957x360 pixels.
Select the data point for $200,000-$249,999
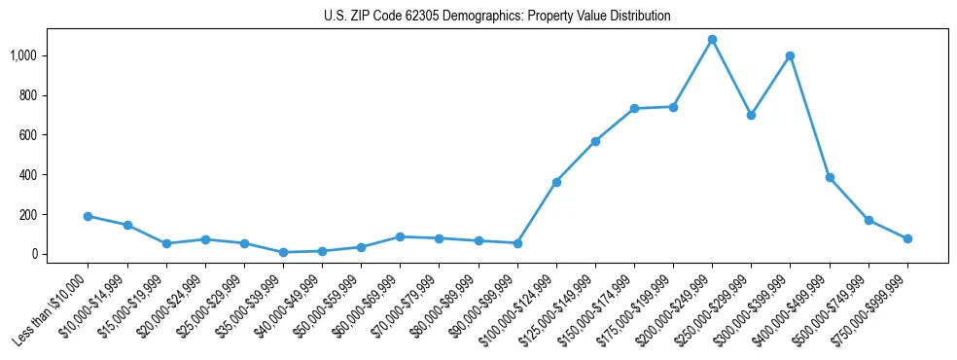pos(712,40)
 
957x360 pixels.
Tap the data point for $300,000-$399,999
pos(790,55)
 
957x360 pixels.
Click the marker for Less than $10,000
pos(88,216)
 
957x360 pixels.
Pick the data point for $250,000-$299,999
pos(751,115)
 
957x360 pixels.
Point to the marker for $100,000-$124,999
pos(556,182)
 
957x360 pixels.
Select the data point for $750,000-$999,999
pos(907,238)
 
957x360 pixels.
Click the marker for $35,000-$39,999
pos(283,252)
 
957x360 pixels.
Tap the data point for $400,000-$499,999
pos(830,178)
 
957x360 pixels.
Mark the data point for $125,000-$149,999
pos(595,141)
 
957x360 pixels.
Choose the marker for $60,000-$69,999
pos(400,236)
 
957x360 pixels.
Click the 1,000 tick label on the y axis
pos(24,56)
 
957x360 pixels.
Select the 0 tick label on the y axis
pos(34,254)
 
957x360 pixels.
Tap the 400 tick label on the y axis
pos(29,175)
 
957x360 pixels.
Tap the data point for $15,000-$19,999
pos(166,243)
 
